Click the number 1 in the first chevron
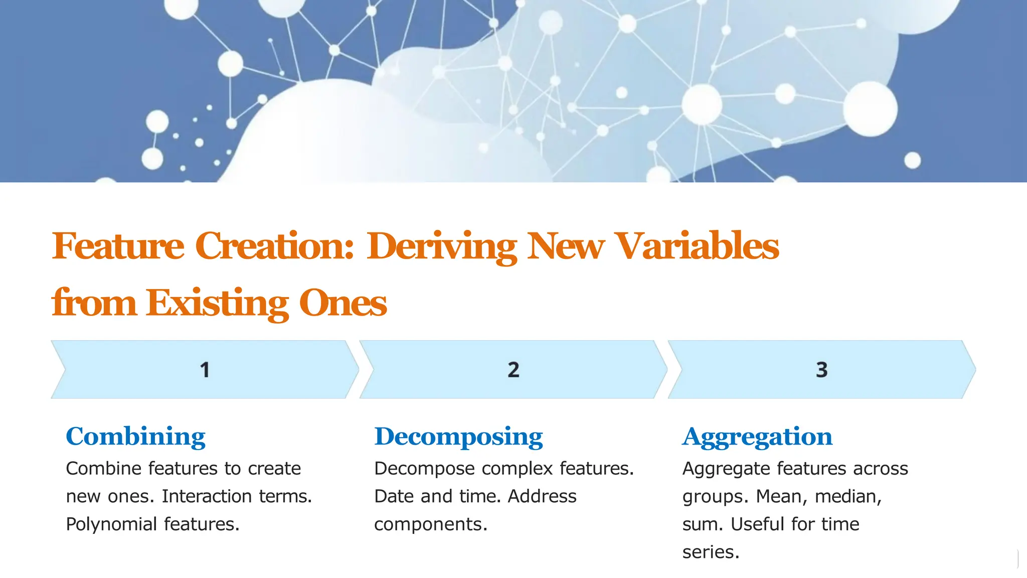pos(205,370)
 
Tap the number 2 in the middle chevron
pos(513,370)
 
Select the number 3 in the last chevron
pos(821,370)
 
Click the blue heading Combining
pos(135,437)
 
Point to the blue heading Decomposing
pos(458,437)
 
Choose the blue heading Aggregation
pos(757,437)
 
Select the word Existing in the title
pos(217,303)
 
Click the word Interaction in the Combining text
pos(206,496)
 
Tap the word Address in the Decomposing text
pos(542,496)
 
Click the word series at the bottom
pos(711,552)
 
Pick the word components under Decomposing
pos(430,524)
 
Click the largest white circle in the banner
pos(870,108)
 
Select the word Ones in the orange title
pos(343,303)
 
